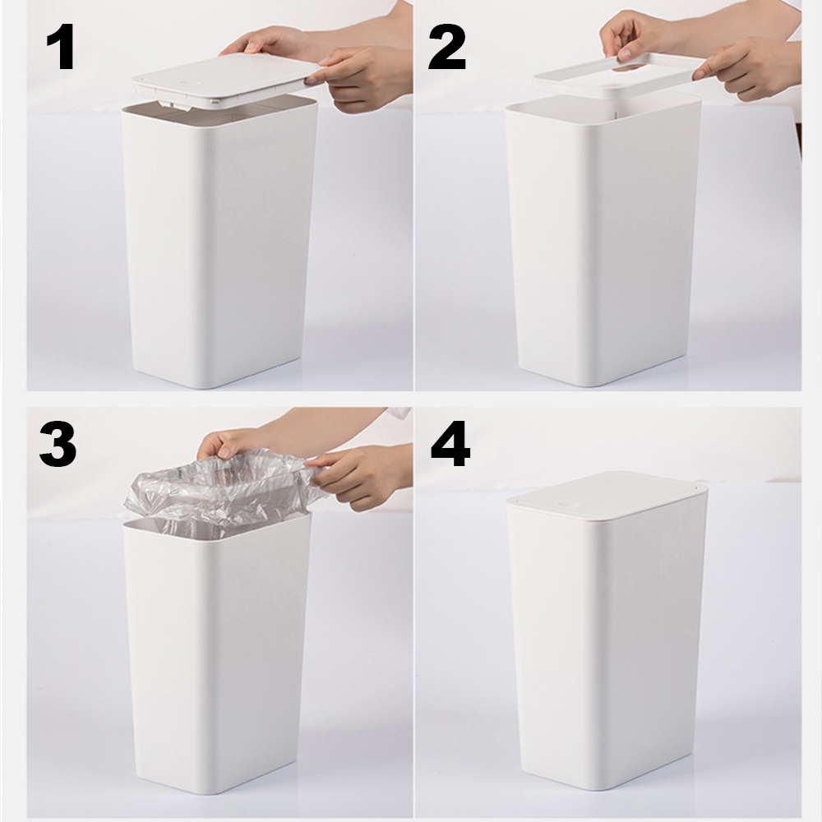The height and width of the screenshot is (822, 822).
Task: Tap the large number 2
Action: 446,48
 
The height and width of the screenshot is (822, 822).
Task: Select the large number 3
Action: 58,446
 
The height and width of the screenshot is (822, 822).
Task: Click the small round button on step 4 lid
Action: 565,505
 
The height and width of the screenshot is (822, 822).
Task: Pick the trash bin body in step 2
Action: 603,241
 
